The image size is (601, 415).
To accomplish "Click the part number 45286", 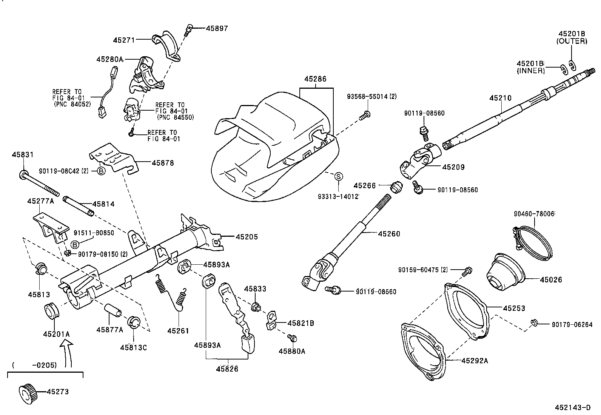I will tap(315, 79).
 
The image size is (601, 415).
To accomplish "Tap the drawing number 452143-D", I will tap(572, 407).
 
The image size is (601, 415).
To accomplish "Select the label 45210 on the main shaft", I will tap(500, 98).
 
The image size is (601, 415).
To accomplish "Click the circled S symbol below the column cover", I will tap(339, 176).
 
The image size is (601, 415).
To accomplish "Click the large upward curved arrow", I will tap(68, 353).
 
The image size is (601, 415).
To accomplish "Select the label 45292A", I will tap(475, 361).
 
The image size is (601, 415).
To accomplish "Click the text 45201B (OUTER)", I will tap(572, 37).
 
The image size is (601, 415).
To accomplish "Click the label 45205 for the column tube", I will tap(247, 237).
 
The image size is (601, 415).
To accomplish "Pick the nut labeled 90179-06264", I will tap(534, 323).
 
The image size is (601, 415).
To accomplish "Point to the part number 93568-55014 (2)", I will tap(371, 97).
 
